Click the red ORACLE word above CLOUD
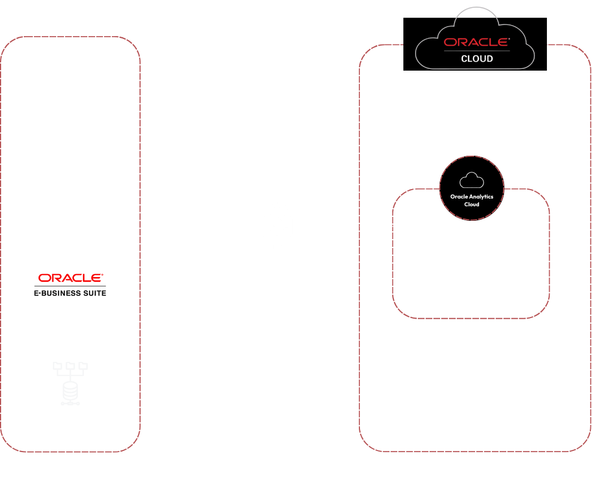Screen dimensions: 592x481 [x=476, y=42]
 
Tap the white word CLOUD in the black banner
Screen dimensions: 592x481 [x=477, y=59]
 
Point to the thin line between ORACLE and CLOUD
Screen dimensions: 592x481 [x=477, y=51]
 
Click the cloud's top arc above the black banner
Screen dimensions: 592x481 [x=476, y=7]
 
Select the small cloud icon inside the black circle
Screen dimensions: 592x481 [x=472, y=180]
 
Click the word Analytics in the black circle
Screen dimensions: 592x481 [x=481, y=197]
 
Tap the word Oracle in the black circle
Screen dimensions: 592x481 [x=459, y=196]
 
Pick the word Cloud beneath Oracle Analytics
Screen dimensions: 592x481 [x=472, y=205]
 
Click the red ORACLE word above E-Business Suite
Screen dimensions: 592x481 [x=70, y=278]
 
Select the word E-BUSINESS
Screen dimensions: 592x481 [x=57, y=293]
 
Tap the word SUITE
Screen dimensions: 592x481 [x=95, y=293]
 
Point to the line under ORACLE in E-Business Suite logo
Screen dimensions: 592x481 [x=70, y=286]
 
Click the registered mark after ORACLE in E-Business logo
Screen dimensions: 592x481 [x=102, y=275]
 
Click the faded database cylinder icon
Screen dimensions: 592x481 [x=70, y=391]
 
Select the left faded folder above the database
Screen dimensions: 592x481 [x=57, y=365]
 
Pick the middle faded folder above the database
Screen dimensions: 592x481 [x=70, y=365]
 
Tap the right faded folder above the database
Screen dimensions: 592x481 [x=83, y=365]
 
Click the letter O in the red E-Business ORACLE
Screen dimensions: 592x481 [x=44, y=278]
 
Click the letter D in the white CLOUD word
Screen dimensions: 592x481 [x=489, y=59]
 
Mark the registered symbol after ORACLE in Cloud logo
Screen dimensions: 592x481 [x=509, y=38]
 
